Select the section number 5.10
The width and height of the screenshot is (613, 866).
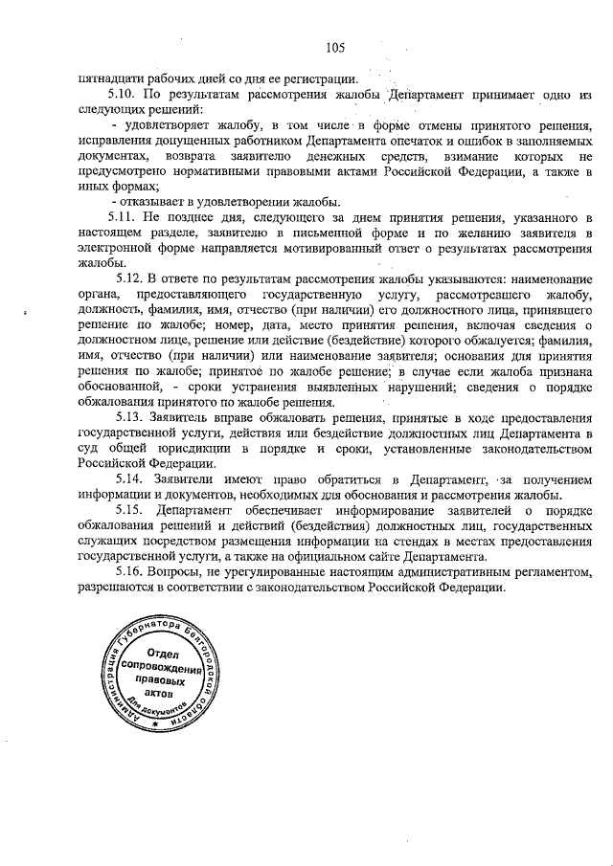pos(124,97)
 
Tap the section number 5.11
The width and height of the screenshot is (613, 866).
pos(124,219)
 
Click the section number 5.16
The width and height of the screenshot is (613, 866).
pos(124,571)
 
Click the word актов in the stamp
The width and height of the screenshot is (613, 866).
pos(159,695)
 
